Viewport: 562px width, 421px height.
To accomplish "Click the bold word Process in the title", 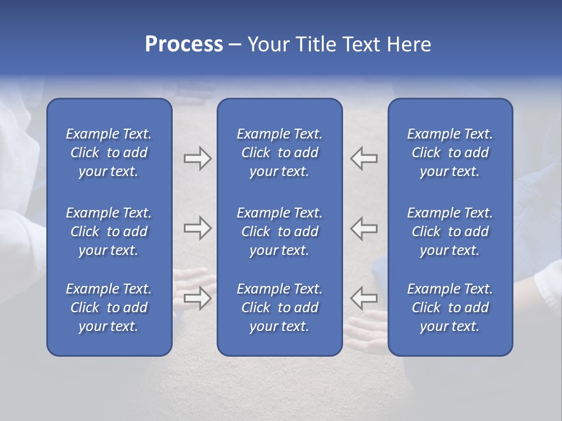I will [184, 44].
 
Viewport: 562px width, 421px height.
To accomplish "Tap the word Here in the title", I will [409, 44].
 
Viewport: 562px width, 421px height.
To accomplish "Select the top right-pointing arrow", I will [197, 158].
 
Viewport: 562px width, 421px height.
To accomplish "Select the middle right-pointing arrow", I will [197, 228].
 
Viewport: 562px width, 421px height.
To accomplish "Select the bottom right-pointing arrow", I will [197, 298].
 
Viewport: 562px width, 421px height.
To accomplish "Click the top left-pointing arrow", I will [364, 158].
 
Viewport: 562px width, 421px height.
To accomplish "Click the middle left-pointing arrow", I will [364, 228].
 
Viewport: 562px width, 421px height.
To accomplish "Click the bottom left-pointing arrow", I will [364, 298].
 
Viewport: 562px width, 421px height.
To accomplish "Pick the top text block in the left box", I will [109, 153].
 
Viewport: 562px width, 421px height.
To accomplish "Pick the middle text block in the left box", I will [109, 232].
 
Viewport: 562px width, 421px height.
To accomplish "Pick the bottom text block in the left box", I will [109, 308].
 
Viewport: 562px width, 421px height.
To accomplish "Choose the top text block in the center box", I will [279, 153].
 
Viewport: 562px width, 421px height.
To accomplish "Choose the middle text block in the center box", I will [279, 232].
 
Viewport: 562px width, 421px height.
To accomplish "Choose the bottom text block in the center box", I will [279, 308].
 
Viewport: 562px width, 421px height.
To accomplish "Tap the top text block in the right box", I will [450, 153].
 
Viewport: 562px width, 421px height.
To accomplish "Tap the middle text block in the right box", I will [450, 232].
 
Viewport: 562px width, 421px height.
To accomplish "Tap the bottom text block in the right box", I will [450, 308].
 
